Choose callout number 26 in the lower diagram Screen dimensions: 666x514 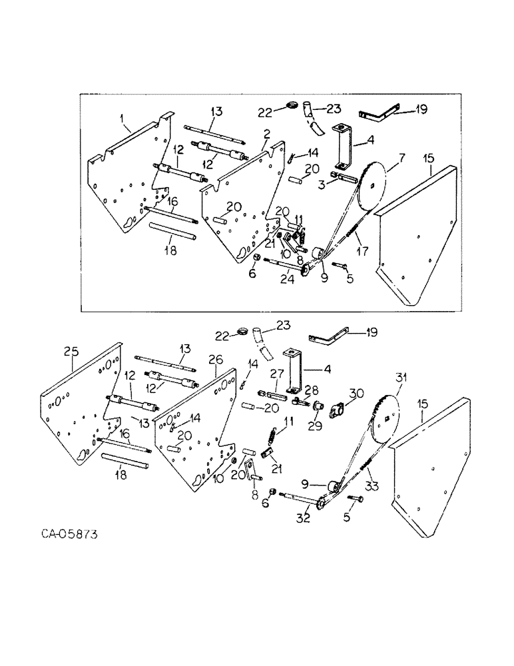coord(214,360)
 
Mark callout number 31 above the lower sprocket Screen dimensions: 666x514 coord(400,378)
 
